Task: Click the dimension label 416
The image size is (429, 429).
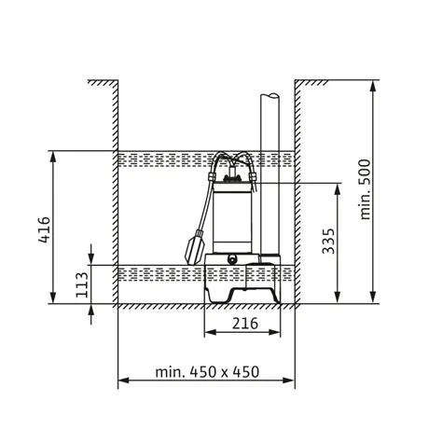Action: (x=44, y=229)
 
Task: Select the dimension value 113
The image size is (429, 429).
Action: (x=82, y=284)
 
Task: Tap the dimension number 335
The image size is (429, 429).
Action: (x=328, y=242)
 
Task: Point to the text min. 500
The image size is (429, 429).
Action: (x=365, y=190)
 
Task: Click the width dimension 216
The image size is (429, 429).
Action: (x=245, y=324)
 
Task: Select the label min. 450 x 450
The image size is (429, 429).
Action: (x=207, y=372)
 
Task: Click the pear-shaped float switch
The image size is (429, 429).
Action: (x=194, y=247)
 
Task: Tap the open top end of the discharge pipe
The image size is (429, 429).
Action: (x=270, y=95)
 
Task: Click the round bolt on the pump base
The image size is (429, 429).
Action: (x=232, y=258)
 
